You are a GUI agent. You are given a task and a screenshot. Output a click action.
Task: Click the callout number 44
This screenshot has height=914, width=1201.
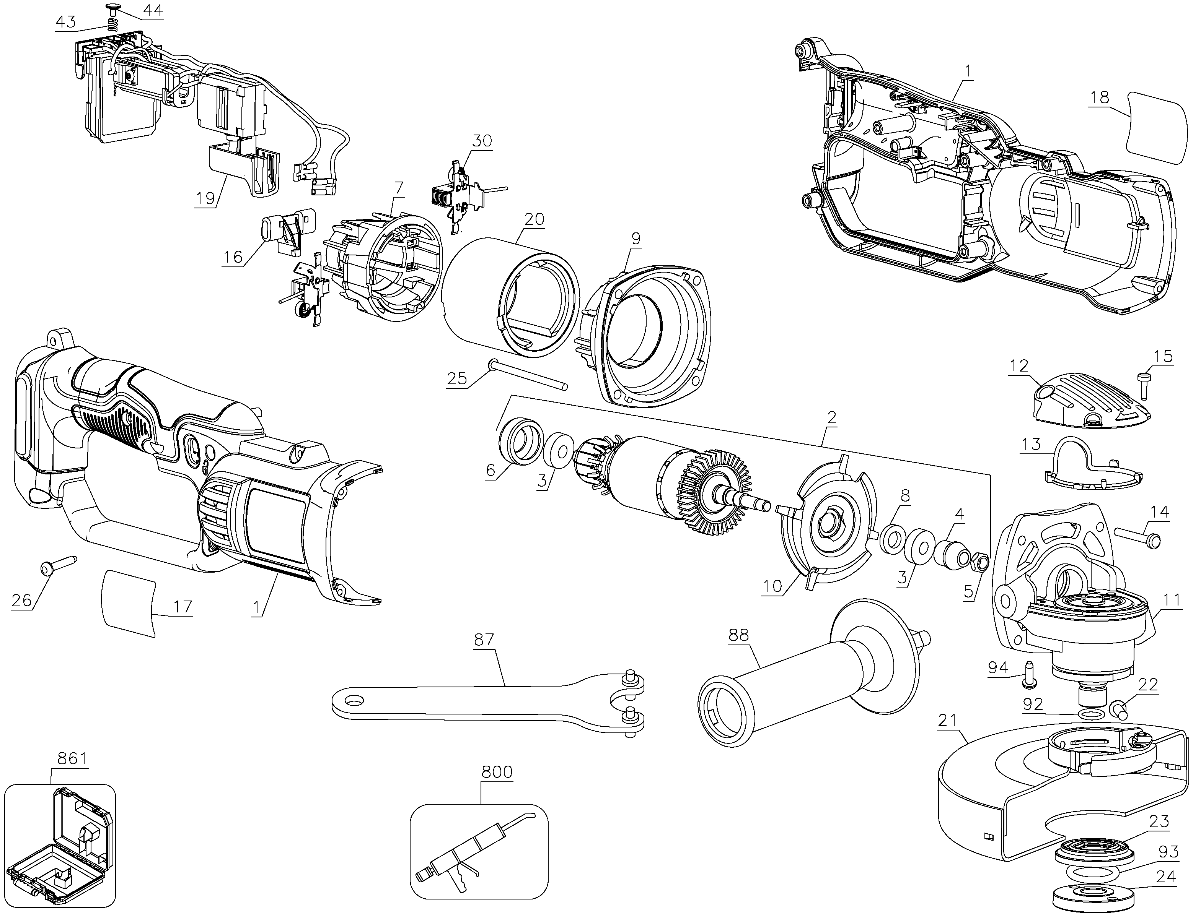[x=152, y=10]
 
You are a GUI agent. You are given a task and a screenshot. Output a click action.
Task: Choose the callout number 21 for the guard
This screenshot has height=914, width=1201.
[x=947, y=721]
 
